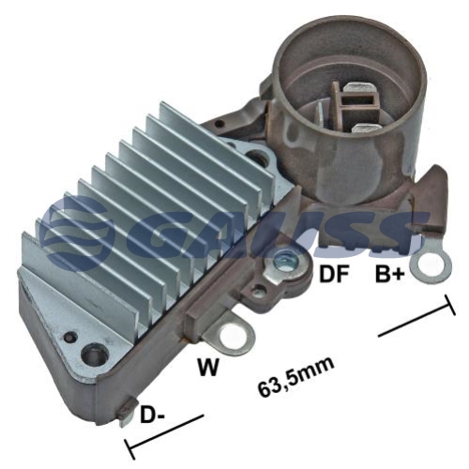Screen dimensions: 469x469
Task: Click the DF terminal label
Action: tap(334, 274)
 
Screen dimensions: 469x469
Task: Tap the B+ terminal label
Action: tap(390, 274)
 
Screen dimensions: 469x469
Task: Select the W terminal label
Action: tap(208, 367)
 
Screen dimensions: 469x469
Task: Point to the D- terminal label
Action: tap(153, 415)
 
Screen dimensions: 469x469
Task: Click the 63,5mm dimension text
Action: tap(296, 377)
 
